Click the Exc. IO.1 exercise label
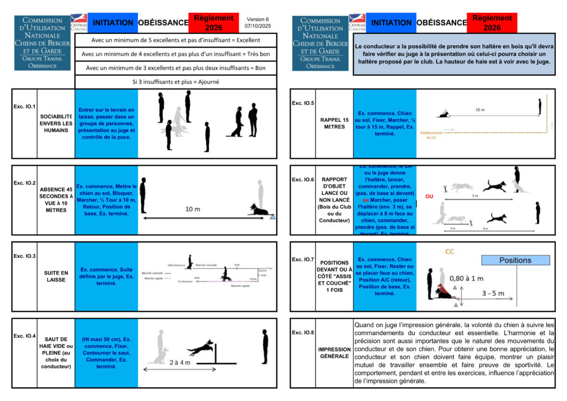pyautogui.click(x=24, y=106)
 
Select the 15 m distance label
pyautogui.click(x=480, y=110)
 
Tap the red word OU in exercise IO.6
pyautogui.click(x=429, y=196)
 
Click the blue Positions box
pyautogui.click(x=515, y=260)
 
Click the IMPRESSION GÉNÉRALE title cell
pyautogui.click(x=334, y=353)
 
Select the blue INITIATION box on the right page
pyautogui.click(x=391, y=23)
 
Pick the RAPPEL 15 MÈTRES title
pyautogui.click(x=334, y=123)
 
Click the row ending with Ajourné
pyautogui.click(x=176, y=81)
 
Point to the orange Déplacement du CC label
pyautogui.click(x=431, y=135)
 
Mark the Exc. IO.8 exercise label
pyautogui.click(x=303, y=332)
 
